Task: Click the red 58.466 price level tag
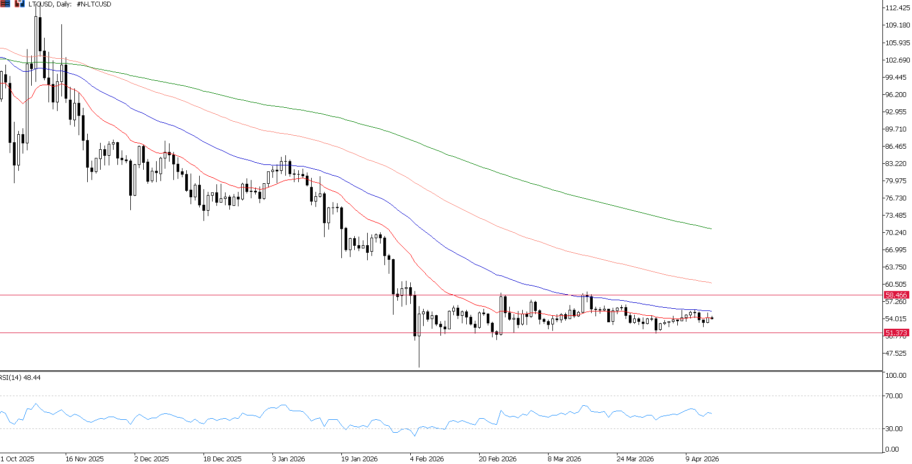click(896, 295)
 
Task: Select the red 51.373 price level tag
click(896, 333)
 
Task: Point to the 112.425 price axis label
click(897, 8)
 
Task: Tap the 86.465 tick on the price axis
click(896, 147)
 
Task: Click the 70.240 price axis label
click(896, 233)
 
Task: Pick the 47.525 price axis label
click(896, 354)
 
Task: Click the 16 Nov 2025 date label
click(85, 459)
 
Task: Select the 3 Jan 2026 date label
click(289, 459)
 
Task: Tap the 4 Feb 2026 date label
click(427, 459)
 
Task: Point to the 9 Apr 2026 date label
click(702, 459)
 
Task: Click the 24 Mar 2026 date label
click(635, 459)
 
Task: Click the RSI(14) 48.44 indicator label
click(20, 378)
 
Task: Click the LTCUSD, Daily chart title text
click(70, 4)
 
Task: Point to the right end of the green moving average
click(711, 228)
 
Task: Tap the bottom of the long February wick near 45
click(419, 367)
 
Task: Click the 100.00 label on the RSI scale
click(896, 376)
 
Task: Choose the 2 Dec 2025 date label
click(151, 459)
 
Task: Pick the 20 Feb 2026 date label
click(497, 459)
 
